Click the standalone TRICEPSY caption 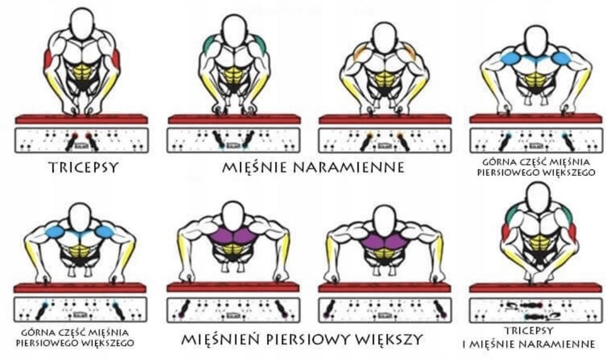click(x=83, y=167)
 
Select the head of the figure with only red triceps click(x=82, y=23)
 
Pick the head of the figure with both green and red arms click(x=538, y=197)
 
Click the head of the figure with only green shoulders click(x=235, y=31)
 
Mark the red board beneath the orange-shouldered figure click(x=385, y=119)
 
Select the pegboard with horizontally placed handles click(x=535, y=310)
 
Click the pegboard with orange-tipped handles click(x=385, y=140)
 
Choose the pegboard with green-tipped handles click(x=234, y=140)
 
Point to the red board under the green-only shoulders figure click(x=234, y=119)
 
